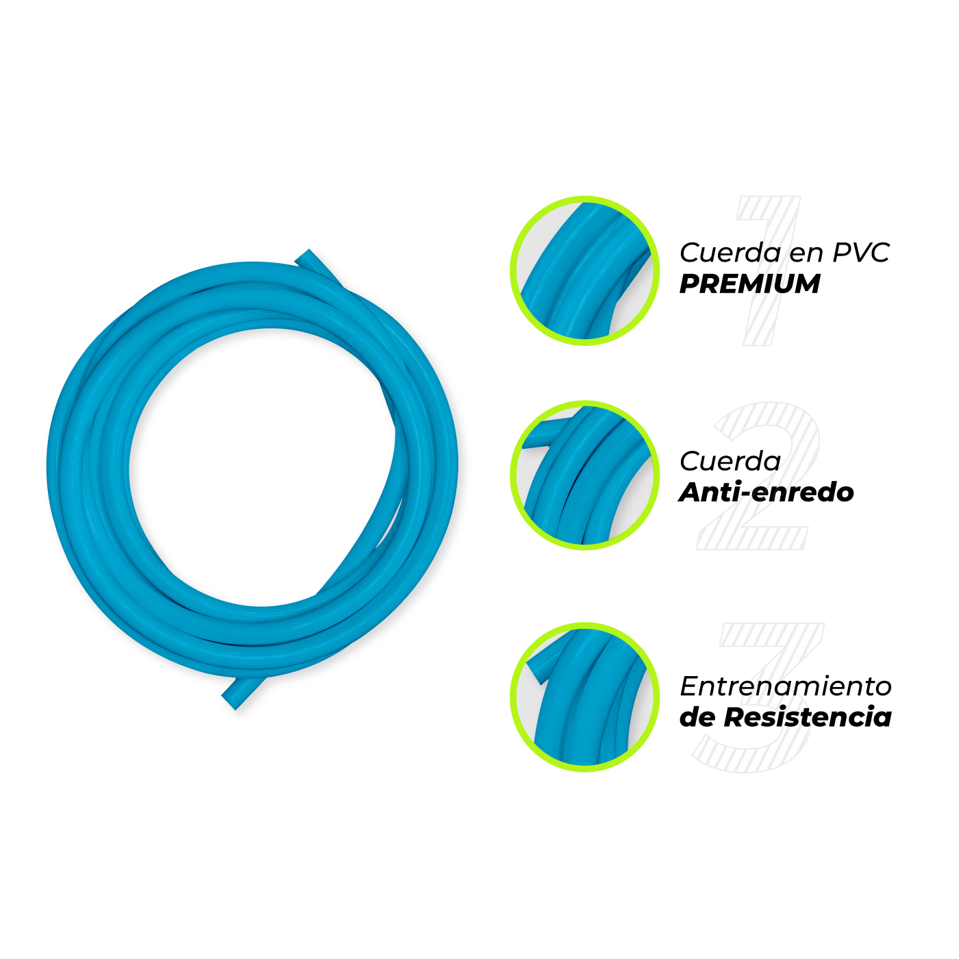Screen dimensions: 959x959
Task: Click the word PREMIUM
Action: point(749,284)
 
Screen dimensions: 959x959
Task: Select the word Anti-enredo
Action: point(767,492)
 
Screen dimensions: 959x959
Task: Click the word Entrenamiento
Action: point(785,686)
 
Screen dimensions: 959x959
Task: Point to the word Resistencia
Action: point(808,717)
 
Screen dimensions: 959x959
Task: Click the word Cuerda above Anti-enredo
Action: point(730,461)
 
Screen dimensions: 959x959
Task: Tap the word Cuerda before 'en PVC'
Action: point(730,253)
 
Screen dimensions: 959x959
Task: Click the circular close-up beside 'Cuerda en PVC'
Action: point(585,271)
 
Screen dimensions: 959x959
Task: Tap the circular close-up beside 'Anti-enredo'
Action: point(585,475)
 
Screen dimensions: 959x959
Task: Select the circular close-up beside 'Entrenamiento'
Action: point(585,697)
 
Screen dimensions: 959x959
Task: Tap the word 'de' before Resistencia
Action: point(698,717)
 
